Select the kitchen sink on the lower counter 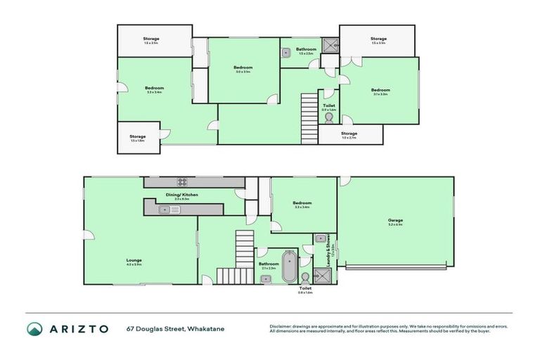pyautogui.click(x=169, y=209)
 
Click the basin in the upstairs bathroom pyautogui.click(x=288, y=52)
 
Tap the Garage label pyautogui.click(x=395, y=221)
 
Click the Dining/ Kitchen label pyautogui.click(x=181, y=195)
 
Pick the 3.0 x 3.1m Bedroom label pyautogui.click(x=242, y=68)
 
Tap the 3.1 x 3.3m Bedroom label pyautogui.click(x=380, y=91)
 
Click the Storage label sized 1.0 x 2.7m pyautogui.click(x=349, y=134)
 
